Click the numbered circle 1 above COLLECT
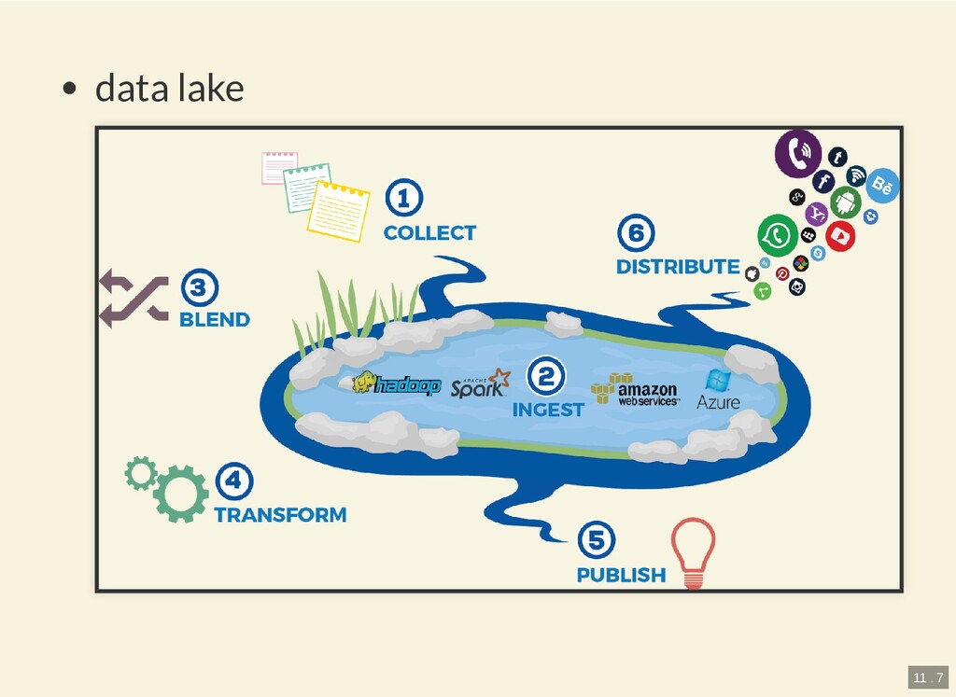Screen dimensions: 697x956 (x=403, y=199)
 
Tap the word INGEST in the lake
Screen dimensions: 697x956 (x=548, y=410)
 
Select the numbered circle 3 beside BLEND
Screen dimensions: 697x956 (x=197, y=287)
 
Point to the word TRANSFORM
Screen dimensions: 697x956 (x=280, y=514)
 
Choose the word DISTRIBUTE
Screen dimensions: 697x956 (x=678, y=267)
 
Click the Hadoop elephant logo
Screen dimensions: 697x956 (x=395, y=383)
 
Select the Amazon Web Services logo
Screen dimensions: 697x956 (x=636, y=390)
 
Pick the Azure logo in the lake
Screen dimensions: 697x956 (x=718, y=390)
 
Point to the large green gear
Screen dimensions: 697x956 (x=180, y=494)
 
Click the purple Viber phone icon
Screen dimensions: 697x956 (x=798, y=153)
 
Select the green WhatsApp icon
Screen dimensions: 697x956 (x=778, y=235)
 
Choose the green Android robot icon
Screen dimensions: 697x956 (x=846, y=202)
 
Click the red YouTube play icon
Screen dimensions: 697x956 (x=840, y=235)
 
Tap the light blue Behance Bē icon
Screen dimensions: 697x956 (x=882, y=186)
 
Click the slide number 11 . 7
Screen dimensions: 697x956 (x=927, y=676)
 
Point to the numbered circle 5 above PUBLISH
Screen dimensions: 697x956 (x=597, y=540)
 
